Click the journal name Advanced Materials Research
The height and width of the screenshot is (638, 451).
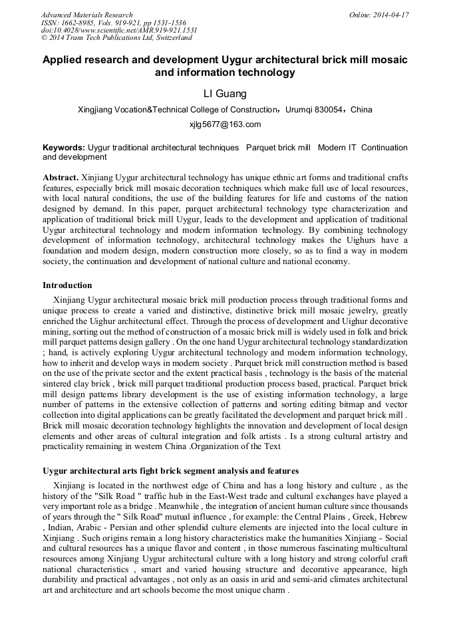pyautogui.click(x=86, y=15)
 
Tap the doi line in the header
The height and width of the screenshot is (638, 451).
pyautogui.click(x=119, y=31)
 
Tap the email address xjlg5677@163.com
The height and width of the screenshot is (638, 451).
pyautogui.click(x=225, y=124)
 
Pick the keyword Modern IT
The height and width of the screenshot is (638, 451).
pyautogui.click(x=336, y=147)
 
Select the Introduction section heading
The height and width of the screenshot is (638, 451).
pyautogui.click(x=67, y=285)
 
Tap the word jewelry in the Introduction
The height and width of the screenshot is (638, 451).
pyautogui.click(x=342, y=311)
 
